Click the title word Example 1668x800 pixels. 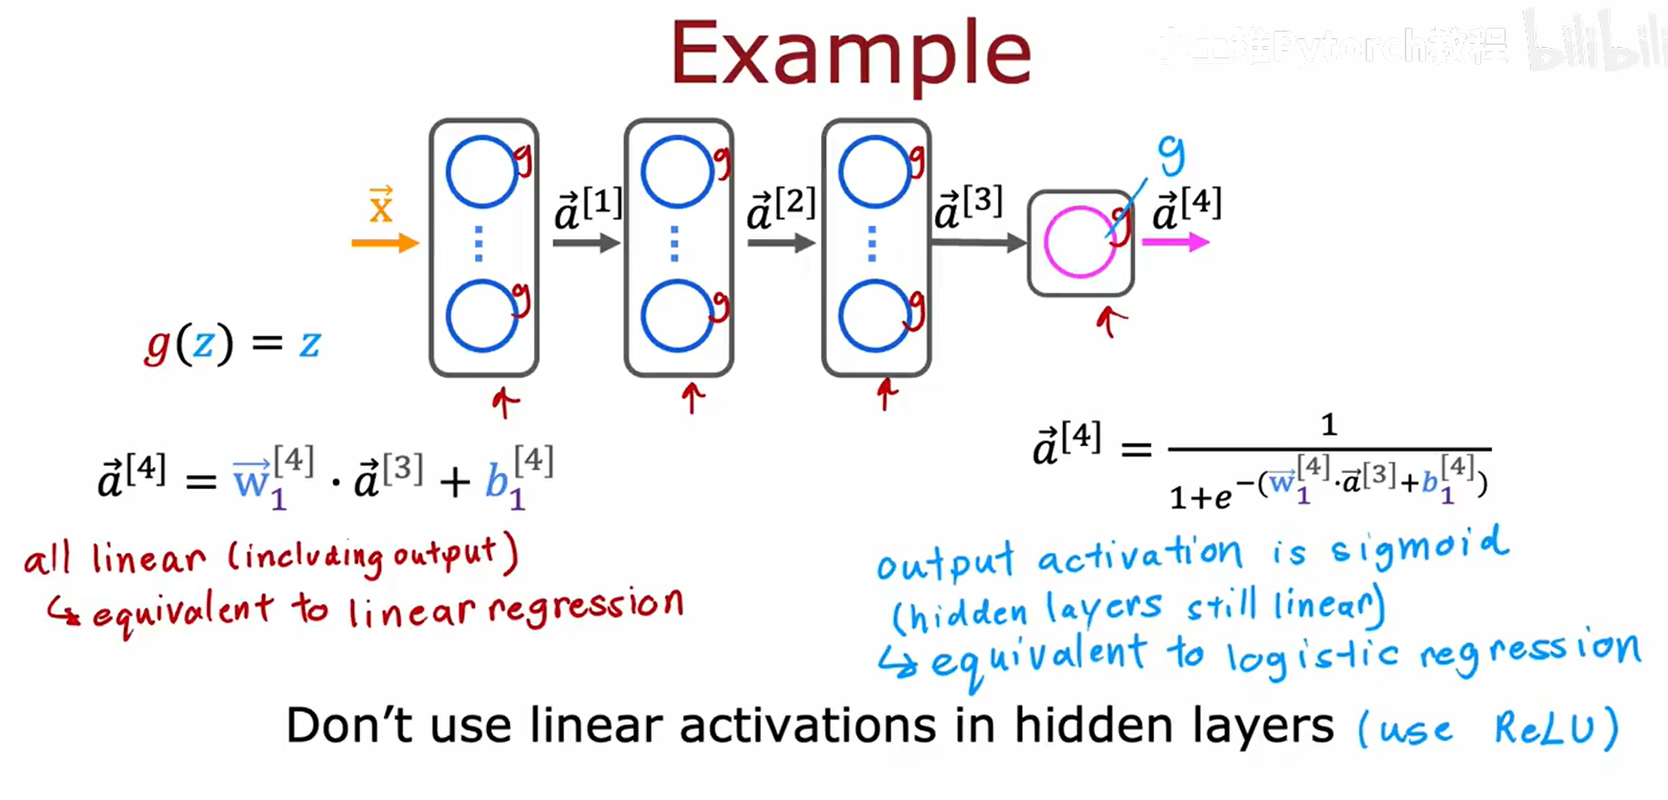pos(851,54)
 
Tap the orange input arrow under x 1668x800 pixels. pos(385,243)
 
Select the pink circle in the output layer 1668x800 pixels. pos(1079,242)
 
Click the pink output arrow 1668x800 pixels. pos(1175,242)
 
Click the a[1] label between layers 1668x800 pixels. pos(589,209)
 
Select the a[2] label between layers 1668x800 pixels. pos(781,209)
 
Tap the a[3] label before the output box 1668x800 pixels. pos(968,209)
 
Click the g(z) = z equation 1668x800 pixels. pos(233,343)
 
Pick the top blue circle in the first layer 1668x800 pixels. pos(481,172)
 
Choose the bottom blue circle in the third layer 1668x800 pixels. pos(874,316)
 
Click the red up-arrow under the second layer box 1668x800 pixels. pos(693,396)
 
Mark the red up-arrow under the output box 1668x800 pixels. pos(1110,322)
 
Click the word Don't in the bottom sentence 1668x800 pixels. pos(350,725)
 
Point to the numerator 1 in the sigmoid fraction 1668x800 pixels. pos(1328,424)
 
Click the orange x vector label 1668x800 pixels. pos(381,205)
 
